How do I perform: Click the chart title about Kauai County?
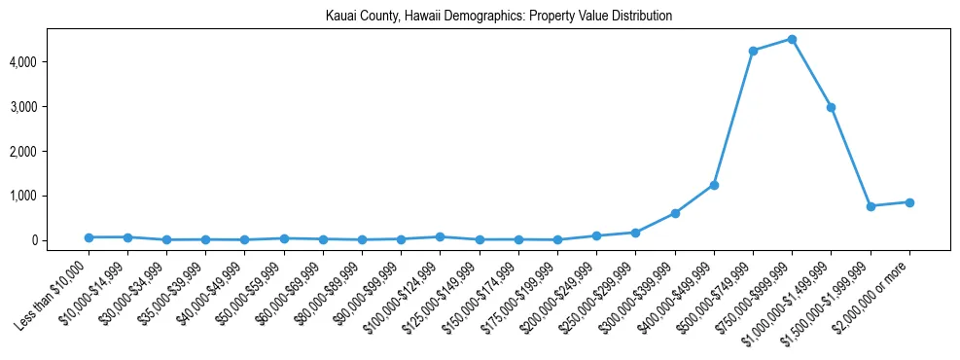[x=498, y=17]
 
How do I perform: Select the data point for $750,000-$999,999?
[x=792, y=40]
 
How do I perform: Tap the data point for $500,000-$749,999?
[x=753, y=51]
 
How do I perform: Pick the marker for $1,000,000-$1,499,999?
[x=831, y=107]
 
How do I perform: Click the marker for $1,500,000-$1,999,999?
[x=871, y=206]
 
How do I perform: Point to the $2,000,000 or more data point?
[x=909, y=202]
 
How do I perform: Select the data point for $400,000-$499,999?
[x=714, y=185]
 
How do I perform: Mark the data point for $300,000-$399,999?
[x=675, y=213]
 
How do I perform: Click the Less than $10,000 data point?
[x=89, y=237]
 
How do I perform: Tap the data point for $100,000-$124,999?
[x=441, y=236]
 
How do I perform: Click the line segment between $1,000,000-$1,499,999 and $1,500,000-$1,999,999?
[x=851, y=157]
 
